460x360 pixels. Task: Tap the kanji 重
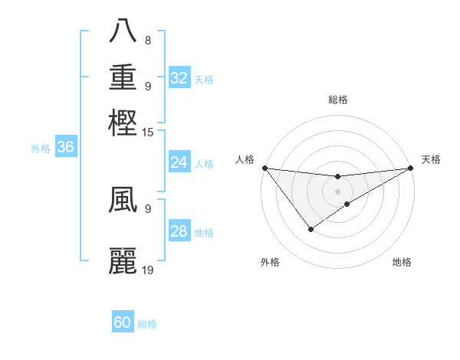[123, 77]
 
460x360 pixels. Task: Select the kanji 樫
[123, 123]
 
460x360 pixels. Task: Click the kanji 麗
[123, 260]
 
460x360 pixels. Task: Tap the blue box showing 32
[179, 78]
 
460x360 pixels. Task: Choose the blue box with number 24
[179, 162]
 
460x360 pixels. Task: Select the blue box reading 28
[179, 232]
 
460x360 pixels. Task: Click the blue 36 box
[65, 148]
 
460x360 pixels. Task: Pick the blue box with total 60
[123, 322]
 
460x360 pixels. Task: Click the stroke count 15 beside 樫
[148, 133]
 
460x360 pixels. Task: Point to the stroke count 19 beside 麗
[148, 270]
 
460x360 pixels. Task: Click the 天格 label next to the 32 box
[204, 79]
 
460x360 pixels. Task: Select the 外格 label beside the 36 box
[41, 149]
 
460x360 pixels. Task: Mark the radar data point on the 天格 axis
[411, 169]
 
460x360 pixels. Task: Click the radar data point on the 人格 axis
[264, 168]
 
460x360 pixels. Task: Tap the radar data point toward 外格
[310, 229]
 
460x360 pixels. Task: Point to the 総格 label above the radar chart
[337, 100]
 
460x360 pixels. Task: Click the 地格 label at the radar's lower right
[402, 263]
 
